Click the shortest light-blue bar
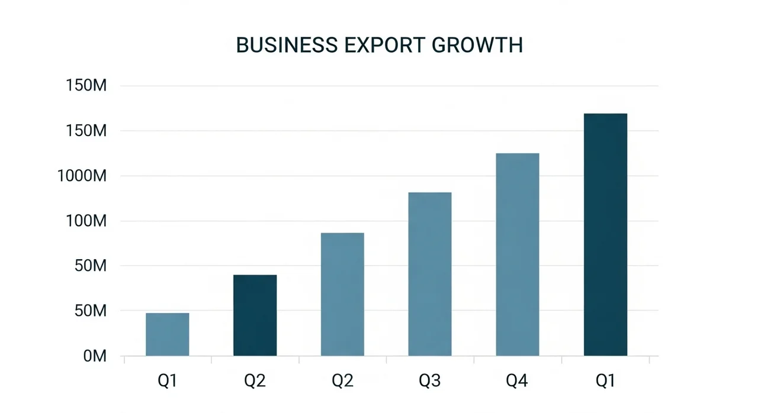click(168, 334)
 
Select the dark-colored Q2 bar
click(255, 315)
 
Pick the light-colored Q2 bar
click(342, 294)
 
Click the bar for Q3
click(430, 274)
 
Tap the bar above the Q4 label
click(518, 254)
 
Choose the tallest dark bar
click(605, 234)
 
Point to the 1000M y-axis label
click(82, 176)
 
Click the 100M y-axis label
click(86, 221)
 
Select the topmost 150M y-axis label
click(86, 86)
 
